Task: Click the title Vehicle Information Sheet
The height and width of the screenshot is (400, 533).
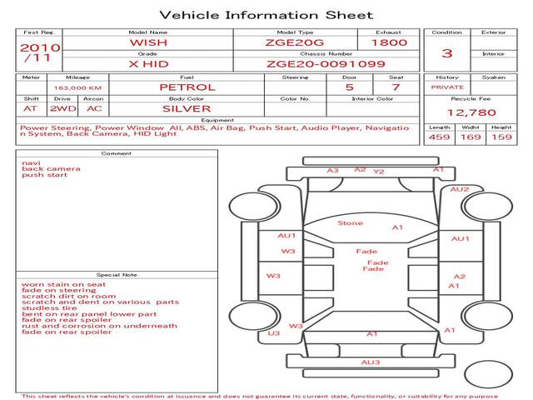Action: (266, 15)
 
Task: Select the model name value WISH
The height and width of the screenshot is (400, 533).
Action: (148, 42)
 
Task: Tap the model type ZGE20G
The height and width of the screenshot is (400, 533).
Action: (295, 42)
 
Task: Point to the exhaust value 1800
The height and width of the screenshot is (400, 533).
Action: (389, 42)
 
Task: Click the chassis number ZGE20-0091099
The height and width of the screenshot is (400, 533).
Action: (326, 64)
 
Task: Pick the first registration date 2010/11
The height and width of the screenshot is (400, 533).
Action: (40, 52)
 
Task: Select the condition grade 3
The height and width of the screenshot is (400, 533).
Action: (446, 53)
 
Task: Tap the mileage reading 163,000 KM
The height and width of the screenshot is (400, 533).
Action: (77, 87)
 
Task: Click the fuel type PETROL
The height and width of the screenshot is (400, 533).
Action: (187, 87)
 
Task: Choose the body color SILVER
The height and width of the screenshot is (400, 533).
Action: (187, 109)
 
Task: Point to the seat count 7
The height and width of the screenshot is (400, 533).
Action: (396, 87)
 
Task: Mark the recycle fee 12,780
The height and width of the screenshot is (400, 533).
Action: (471, 112)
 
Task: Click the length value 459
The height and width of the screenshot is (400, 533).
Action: (439, 137)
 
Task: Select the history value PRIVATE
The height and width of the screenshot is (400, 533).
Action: (447, 87)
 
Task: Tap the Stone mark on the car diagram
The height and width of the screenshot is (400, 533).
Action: (350, 223)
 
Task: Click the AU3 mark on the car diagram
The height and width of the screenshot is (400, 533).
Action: (370, 362)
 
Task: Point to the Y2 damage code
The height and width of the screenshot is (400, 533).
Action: (378, 172)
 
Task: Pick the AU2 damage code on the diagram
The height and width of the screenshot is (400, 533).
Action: (459, 189)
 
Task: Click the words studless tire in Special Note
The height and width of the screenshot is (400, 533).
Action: (49, 308)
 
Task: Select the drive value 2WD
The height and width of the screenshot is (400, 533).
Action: (63, 109)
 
